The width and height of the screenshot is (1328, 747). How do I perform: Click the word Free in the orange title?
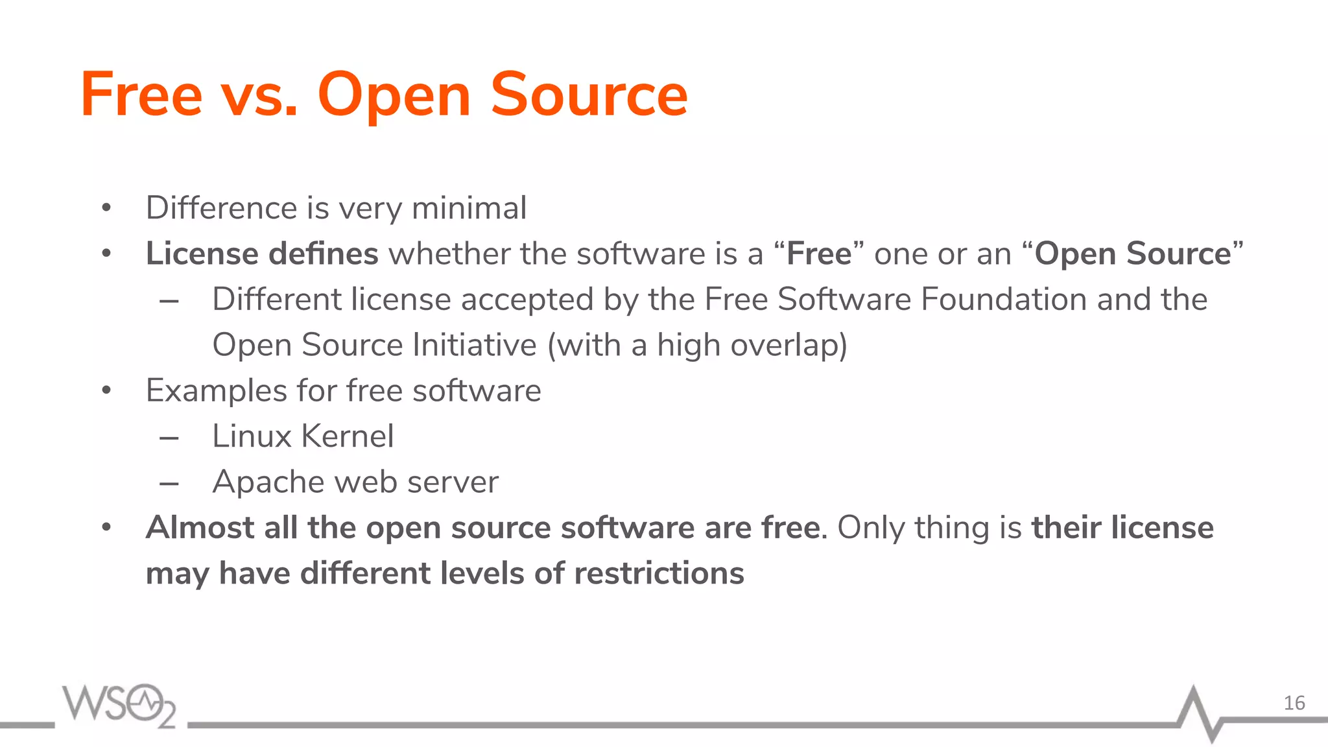coord(141,95)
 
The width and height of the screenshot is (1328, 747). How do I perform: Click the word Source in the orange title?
coord(588,95)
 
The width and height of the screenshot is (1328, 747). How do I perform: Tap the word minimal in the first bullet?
coord(469,208)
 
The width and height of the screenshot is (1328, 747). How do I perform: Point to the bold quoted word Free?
coord(819,254)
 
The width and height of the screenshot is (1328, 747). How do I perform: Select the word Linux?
coord(252,436)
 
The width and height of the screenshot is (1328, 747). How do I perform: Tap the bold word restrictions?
coord(659,574)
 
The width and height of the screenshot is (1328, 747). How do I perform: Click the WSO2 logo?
coord(119,705)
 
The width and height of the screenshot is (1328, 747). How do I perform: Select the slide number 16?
coord(1294,703)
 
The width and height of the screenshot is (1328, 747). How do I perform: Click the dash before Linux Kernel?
coord(169,439)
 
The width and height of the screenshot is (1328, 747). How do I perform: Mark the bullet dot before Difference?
coord(107,209)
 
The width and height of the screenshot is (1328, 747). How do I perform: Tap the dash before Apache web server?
coord(169,484)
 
